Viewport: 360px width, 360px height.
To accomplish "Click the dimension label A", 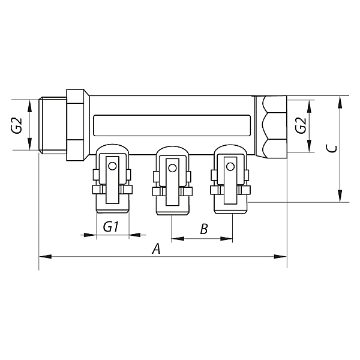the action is (157, 249).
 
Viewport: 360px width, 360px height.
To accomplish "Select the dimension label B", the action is (204, 229).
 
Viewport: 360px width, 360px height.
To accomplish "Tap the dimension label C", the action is (332, 149).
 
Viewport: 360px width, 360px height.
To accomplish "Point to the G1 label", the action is (111, 227).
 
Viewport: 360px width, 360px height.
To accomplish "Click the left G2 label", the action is (17, 125).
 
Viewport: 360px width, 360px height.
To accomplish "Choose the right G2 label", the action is (301, 125).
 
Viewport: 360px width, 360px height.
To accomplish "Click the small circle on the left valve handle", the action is (112, 166).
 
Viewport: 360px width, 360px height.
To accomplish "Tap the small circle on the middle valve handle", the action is (172, 168).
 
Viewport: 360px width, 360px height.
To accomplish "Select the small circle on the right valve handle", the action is (230, 167).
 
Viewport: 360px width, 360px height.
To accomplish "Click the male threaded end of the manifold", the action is (53, 125).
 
